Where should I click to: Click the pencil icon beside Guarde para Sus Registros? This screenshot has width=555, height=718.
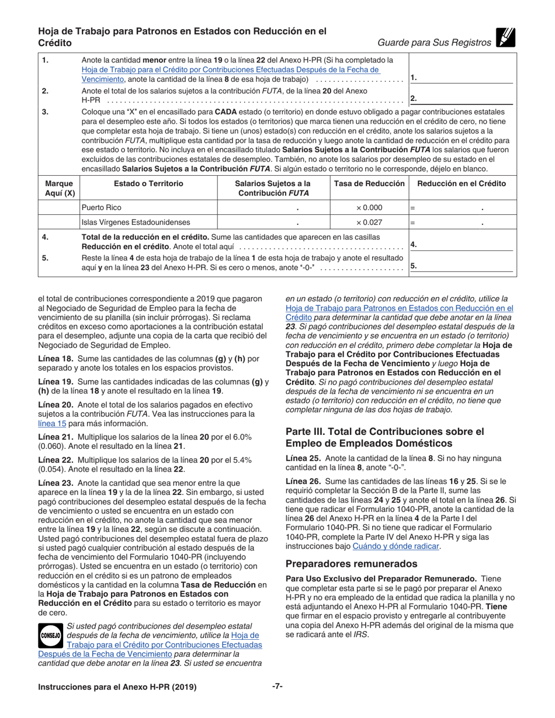505,37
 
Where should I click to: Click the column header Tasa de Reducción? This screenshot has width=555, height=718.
369,183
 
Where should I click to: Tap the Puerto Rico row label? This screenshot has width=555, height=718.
102,207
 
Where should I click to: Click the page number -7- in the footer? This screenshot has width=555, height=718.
277,686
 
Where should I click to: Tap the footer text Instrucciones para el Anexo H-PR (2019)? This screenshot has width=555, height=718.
117,687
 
